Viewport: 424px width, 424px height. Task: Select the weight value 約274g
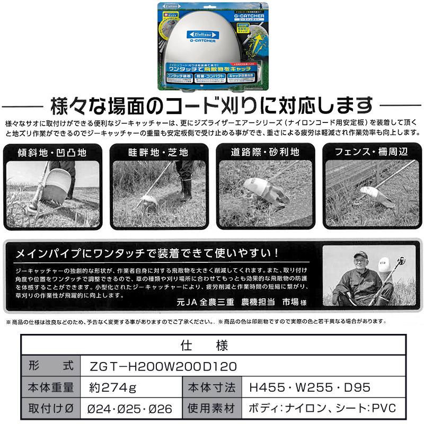113,387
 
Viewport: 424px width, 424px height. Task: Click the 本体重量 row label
51,387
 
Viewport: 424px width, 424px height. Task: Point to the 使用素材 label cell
211,409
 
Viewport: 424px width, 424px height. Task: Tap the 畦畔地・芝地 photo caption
158,152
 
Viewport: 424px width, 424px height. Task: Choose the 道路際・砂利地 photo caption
266,152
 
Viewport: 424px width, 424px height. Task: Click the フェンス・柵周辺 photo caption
372,152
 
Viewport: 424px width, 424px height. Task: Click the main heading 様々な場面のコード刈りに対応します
211,104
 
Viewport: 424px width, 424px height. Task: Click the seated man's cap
360,255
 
